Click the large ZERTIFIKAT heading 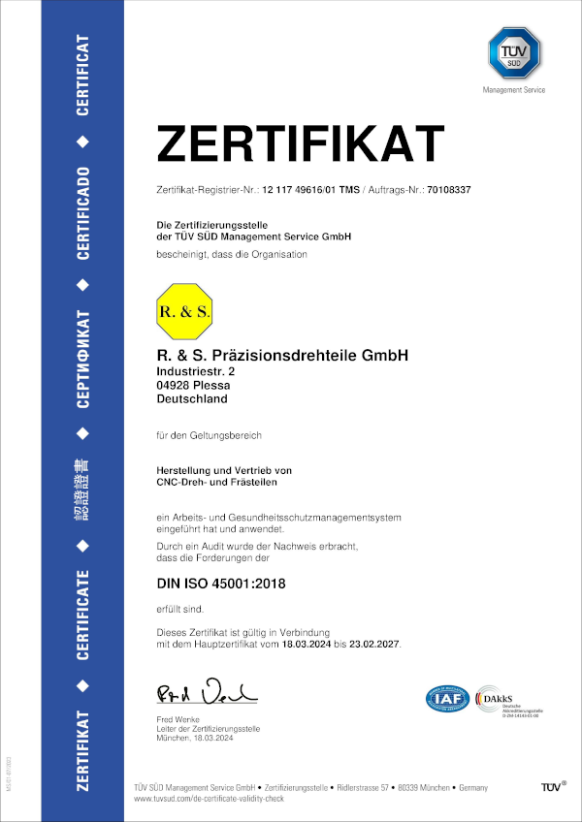pos(301,143)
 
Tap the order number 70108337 pos(447,190)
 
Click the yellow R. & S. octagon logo pos(184,311)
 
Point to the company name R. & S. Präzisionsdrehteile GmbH pos(282,356)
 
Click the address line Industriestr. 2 pos(195,371)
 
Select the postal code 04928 pos(174,385)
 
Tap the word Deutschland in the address pos(192,398)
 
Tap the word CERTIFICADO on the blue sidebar pos(83,213)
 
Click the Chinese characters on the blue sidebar pos(83,490)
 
